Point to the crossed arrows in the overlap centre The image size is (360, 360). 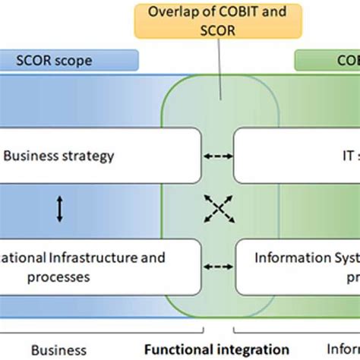pyautogui.click(x=218, y=209)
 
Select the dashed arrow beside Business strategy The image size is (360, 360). pyautogui.click(x=219, y=157)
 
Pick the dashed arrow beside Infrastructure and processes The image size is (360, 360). pyautogui.click(x=219, y=266)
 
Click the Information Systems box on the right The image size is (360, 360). pyautogui.click(x=296, y=267)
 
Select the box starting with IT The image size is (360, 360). pyautogui.click(x=296, y=156)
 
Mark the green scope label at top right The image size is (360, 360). pyautogui.click(x=327, y=60)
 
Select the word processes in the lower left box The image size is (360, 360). pyautogui.click(x=57, y=277)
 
